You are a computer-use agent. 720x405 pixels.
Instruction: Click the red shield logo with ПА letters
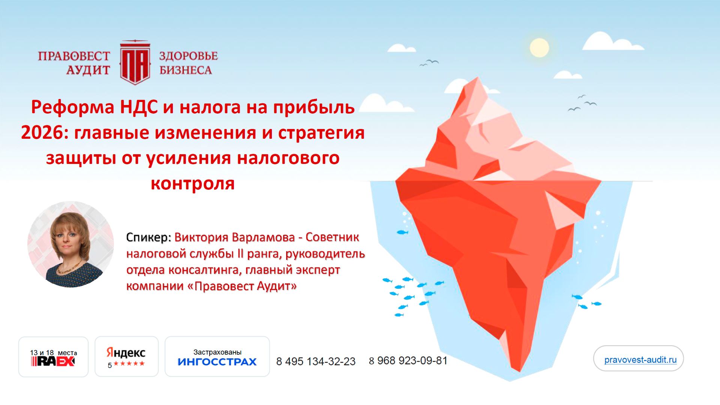click(x=135, y=63)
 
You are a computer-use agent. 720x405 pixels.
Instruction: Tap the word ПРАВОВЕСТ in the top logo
click(x=74, y=56)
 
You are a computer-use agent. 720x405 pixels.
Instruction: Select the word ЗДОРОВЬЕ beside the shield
click(x=188, y=56)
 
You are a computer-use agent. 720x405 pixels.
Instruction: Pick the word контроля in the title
click(x=192, y=184)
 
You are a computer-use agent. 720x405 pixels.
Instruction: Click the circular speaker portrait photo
click(x=71, y=244)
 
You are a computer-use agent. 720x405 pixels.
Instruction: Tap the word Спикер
click(x=148, y=237)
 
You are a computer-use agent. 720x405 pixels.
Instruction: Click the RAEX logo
click(x=53, y=361)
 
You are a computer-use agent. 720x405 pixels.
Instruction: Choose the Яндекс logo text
click(x=126, y=353)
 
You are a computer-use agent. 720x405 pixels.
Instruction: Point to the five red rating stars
click(x=129, y=364)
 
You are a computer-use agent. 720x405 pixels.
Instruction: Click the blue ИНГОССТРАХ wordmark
click(x=217, y=362)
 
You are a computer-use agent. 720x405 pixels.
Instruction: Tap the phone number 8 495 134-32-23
click(x=316, y=361)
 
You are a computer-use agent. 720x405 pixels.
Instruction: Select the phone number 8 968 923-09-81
click(x=408, y=361)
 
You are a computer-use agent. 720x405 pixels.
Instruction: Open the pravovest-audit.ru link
click(x=640, y=360)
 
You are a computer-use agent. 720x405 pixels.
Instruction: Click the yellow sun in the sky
click(x=539, y=48)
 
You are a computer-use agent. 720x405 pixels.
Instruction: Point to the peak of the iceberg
click(x=478, y=79)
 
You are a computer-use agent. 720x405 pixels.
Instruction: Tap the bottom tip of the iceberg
click(x=519, y=369)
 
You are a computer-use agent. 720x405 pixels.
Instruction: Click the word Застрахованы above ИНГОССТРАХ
click(x=217, y=352)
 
